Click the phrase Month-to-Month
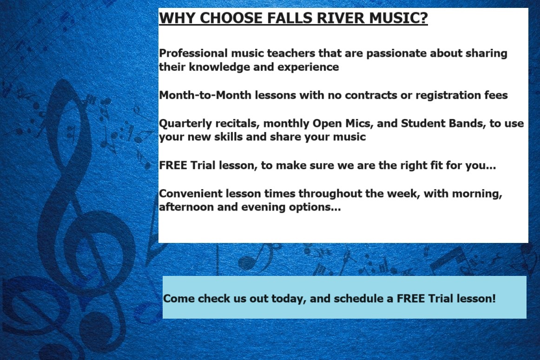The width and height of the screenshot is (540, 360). (x=205, y=95)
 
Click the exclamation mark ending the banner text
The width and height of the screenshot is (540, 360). (x=494, y=298)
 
